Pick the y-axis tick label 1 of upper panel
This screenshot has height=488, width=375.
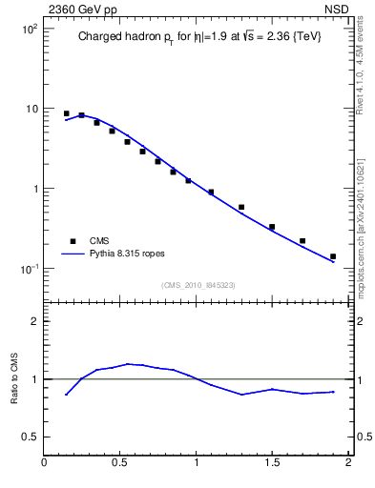coord(34,189)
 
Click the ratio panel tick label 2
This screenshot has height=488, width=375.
coord(34,321)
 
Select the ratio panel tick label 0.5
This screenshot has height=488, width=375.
coord(30,437)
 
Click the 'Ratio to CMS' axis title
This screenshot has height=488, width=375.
coord(12,378)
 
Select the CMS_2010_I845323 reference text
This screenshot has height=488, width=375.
coord(196,284)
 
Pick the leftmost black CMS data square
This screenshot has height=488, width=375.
coord(66,113)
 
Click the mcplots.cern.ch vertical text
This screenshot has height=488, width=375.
coord(366,219)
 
